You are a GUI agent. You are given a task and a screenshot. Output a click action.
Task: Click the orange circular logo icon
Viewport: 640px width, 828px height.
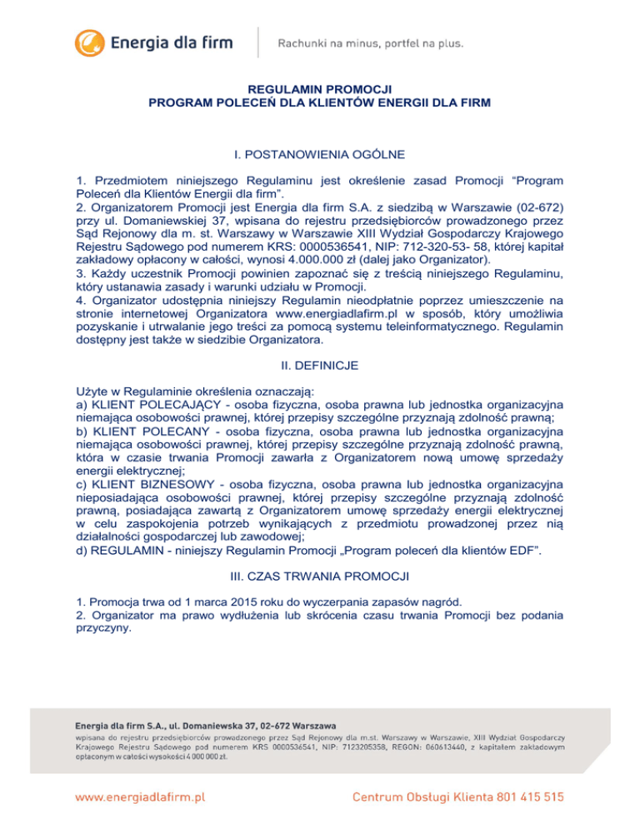[91, 41]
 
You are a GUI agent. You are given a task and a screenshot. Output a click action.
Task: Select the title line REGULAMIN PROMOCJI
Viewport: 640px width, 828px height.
[319, 89]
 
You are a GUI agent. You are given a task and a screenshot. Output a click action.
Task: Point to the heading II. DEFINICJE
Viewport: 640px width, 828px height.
[319, 363]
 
